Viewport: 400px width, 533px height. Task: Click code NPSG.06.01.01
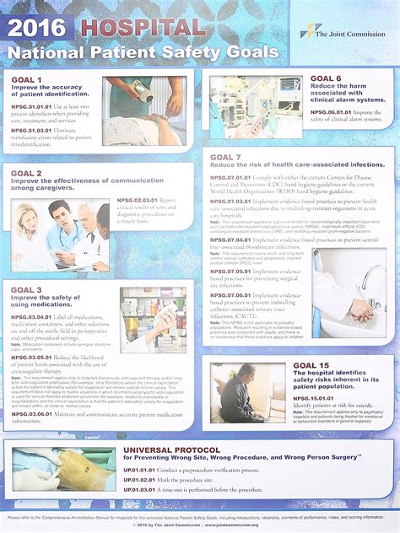[334, 110]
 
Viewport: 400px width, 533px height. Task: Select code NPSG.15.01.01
[317, 396]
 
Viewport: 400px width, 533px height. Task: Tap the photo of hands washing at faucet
[350, 303]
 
